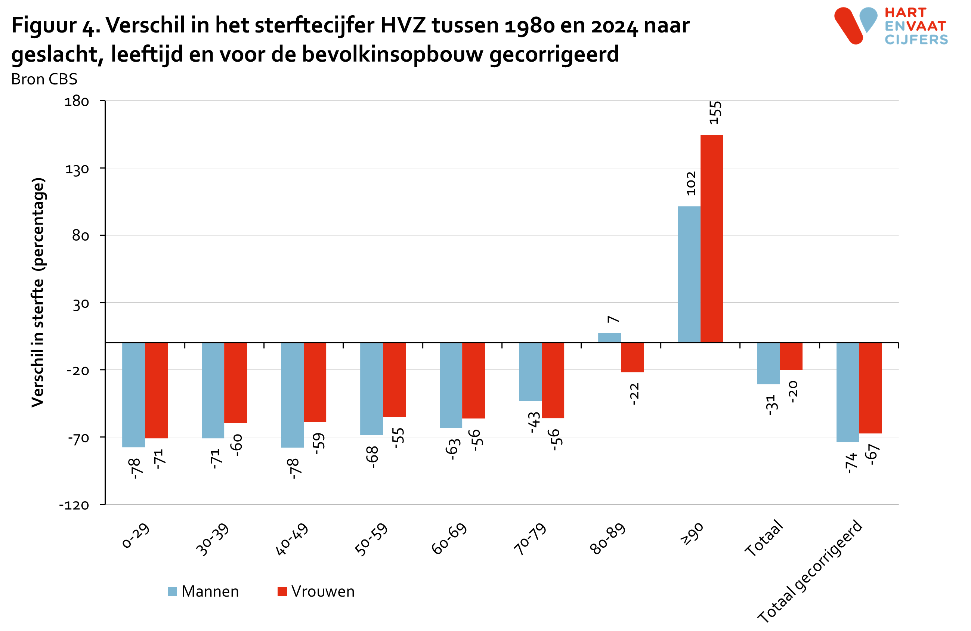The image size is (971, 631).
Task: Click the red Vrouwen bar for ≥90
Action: pos(711,239)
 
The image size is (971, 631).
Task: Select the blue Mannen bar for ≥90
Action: pos(689,274)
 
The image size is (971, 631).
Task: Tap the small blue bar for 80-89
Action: pos(609,338)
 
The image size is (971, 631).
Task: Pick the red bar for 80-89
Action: pos(632,357)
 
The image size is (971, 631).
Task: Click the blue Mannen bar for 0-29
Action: pos(133,395)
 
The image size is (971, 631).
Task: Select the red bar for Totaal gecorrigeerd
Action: pos(870,388)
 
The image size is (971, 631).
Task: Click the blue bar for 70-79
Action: pos(530,372)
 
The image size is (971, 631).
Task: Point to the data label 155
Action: pos(715,112)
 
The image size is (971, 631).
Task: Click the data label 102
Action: pos(691,183)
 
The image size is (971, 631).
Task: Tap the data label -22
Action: pos(634,394)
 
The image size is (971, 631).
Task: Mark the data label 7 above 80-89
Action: pos(613,319)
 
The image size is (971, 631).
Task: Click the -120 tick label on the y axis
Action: pos(74,505)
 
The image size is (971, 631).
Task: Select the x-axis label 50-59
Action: pos(371,539)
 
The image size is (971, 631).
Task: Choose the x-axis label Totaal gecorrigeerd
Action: pos(810,571)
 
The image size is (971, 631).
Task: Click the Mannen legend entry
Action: pos(203,591)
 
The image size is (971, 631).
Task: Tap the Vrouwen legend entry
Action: pos(316,591)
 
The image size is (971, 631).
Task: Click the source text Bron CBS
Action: pos(44,79)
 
